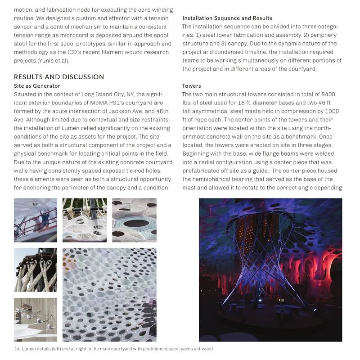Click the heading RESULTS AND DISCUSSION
pos(59,77)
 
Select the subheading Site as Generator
pos(37,85)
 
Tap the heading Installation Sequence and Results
pos(227,18)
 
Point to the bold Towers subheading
pos(191,85)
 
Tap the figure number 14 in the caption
pos(17,349)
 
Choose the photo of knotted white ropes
pos(35,270)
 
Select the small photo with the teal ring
pos(134,220)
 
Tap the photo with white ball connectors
pos(35,319)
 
